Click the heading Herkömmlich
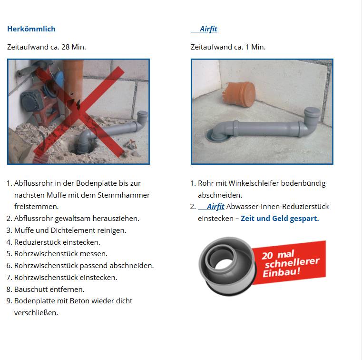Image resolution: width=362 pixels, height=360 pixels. [x=31, y=29]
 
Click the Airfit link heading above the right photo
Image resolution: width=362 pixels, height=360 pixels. [x=208, y=29]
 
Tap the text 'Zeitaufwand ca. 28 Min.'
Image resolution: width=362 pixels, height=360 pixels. [x=47, y=47]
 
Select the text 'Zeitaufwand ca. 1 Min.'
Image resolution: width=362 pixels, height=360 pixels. [x=228, y=47]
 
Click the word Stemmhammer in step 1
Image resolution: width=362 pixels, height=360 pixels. [x=125, y=195]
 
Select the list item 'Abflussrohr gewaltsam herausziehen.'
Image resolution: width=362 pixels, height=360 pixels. [x=77, y=219]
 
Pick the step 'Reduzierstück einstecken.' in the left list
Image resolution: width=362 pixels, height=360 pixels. [x=57, y=242]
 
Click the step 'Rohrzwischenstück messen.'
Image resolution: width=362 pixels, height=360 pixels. [x=61, y=254]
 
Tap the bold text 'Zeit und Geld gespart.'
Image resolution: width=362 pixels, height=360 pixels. [x=280, y=219]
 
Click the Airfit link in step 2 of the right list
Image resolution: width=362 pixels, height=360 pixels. [x=215, y=207]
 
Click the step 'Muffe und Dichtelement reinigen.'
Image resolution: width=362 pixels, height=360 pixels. [x=70, y=230]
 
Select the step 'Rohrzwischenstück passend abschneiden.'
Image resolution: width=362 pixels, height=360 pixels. [x=84, y=266]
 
